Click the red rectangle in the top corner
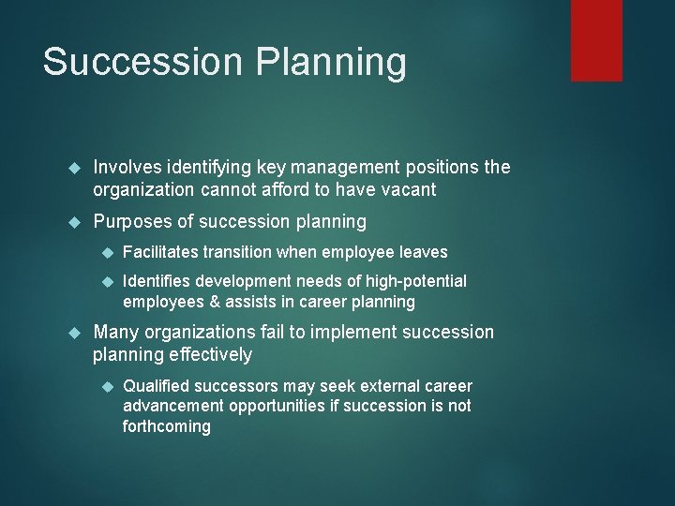coord(596,39)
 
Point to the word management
coord(337,169)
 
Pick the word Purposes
coord(131,223)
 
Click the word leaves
coord(425,252)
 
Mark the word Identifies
coord(155,281)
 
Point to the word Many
coord(115,333)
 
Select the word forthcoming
coord(167,427)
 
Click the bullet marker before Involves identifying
coord(77,168)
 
